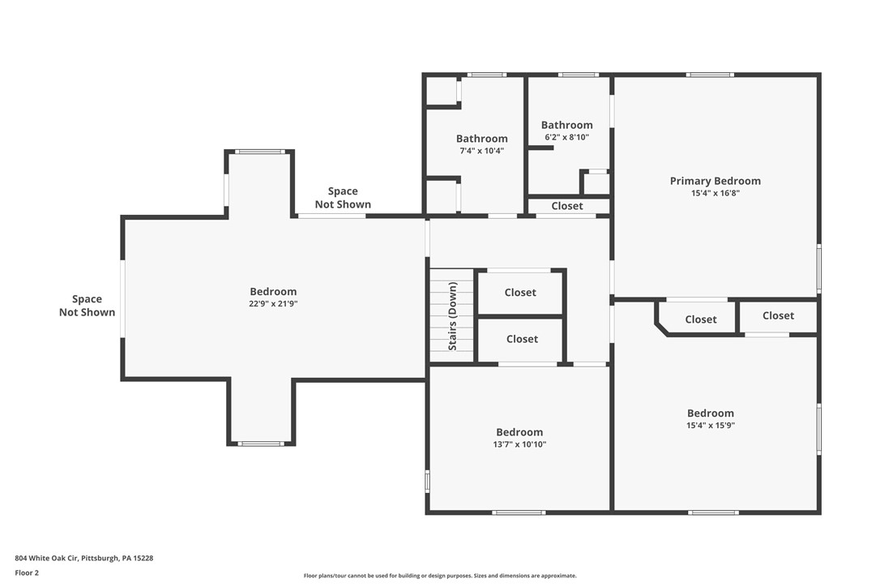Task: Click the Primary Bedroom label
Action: coord(715,181)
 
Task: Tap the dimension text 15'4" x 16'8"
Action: coord(715,193)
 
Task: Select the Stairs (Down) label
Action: coord(453,316)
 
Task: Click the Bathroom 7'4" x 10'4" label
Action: coord(481,139)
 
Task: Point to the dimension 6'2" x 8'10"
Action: coord(566,137)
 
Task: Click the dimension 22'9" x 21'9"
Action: coord(273,303)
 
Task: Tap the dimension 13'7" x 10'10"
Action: coord(519,444)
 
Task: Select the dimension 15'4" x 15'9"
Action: coord(710,425)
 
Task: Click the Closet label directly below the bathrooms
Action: coord(567,206)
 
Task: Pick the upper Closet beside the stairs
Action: coord(520,293)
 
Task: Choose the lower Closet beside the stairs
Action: coord(522,339)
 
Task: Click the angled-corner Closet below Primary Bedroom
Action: coord(700,319)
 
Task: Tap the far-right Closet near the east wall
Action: coord(778,315)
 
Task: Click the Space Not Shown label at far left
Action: coord(87,306)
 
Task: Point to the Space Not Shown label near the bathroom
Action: coord(343,198)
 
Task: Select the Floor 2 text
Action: coord(27,572)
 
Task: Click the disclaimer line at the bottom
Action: coord(440,576)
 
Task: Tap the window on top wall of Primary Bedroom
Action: coord(710,75)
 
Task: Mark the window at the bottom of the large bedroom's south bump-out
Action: coord(261,443)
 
